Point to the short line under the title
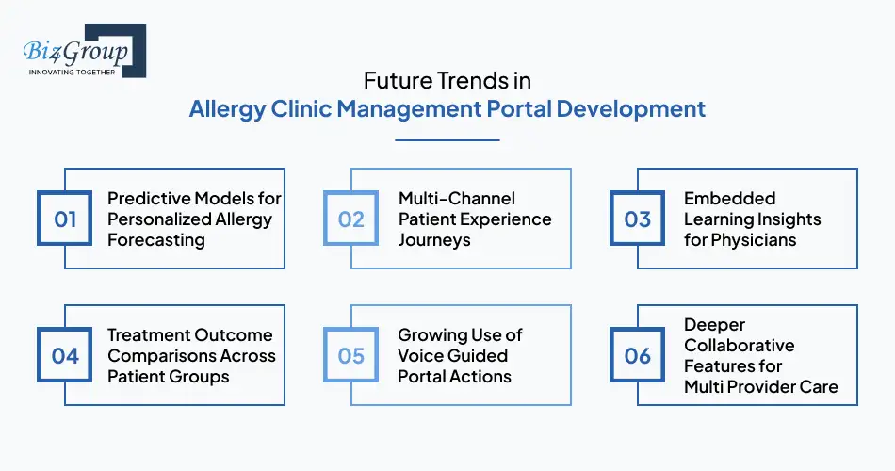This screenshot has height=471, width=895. (x=447, y=140)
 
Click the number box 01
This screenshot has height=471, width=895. (x=65, y=219)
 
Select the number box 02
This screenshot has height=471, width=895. (x=351, y=219)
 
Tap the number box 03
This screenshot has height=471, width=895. (x=638, y=219)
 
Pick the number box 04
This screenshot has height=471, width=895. (x=65, y=355)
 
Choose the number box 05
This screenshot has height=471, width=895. (x=351, y=355)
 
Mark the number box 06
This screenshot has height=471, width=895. (x=638, y=355)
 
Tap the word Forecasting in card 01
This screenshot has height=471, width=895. (x=156, y=239)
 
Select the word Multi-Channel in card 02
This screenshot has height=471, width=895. (x=457, y=198)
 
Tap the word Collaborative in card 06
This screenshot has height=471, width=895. (x=739, y=345)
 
